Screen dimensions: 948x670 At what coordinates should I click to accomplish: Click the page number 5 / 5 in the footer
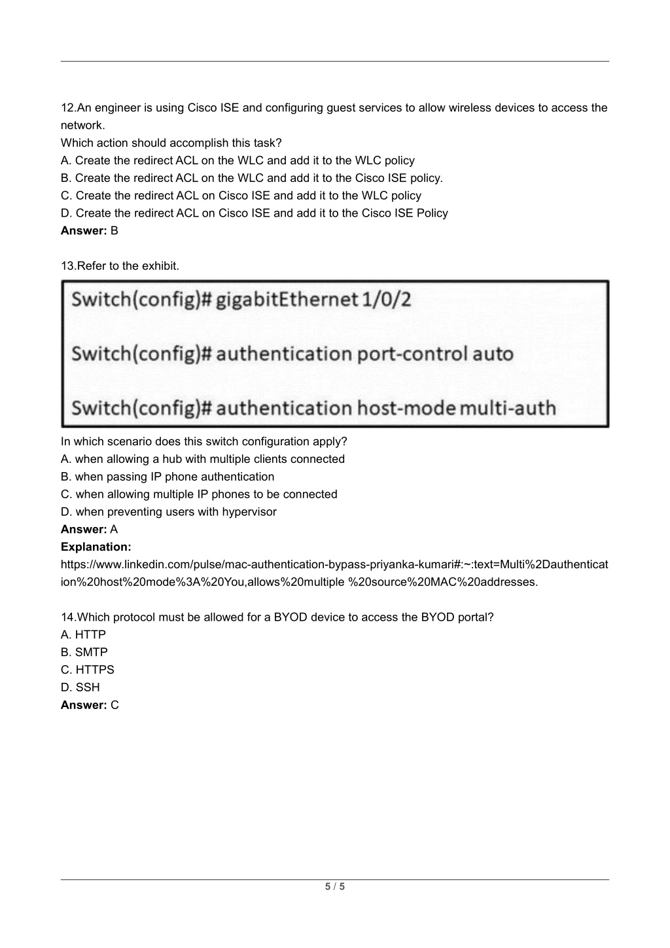(x=335, y=887)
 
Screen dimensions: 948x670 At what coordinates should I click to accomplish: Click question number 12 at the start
(x=67, y=108)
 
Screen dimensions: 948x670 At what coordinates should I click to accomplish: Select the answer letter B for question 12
(x=115, y=230)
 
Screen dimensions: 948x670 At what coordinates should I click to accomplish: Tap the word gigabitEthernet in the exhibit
(x=287, y=300)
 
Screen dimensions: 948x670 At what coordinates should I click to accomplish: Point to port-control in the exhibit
(x=411, y=354)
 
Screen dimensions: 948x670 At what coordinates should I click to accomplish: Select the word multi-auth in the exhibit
(x=508, y=409)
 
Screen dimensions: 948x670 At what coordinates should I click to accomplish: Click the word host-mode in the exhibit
(x=406, y=409)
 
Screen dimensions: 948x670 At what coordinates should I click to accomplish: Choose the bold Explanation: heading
(x=96, y=547)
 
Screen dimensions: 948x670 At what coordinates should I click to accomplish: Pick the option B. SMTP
(x=84, y=652)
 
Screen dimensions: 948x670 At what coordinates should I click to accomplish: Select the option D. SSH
(x=80, y=687)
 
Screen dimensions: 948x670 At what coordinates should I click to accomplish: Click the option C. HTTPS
(x=88, y=670)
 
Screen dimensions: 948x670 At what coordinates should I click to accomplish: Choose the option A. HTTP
(x=83, y=634)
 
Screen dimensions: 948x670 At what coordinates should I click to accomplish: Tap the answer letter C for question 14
(x=115, y=705)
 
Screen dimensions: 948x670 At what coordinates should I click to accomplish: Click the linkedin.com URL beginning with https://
(x=334, y=564)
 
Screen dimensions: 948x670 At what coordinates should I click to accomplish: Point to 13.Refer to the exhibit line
(x=120, y=266)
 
